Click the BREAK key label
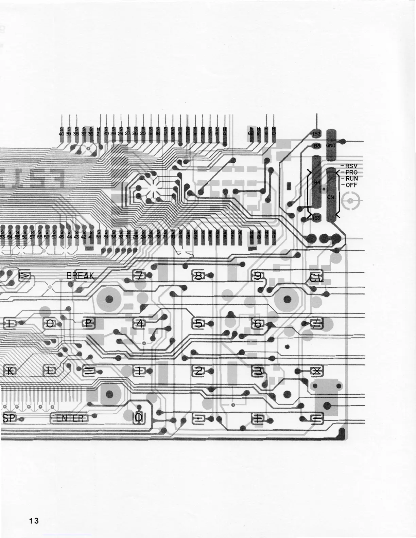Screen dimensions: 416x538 click(80, 276)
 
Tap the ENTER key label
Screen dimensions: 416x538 click(69, 418)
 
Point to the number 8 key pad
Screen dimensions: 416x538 click(198, 276)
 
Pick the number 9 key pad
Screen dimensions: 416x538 click(258, 276)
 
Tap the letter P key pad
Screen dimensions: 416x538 click(89, 324)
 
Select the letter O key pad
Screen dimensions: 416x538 click(50, 324)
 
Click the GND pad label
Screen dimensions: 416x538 click(331, 145)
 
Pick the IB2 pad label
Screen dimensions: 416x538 click(316, 134)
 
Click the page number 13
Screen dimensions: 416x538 click(34, 521)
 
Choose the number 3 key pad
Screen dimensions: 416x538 click(258, 371)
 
